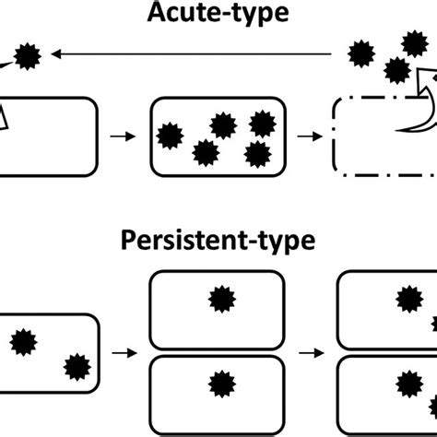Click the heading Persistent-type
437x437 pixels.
218,242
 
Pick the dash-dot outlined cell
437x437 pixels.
383,137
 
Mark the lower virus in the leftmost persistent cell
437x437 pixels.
73,368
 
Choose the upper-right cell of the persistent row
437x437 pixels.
387,309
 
